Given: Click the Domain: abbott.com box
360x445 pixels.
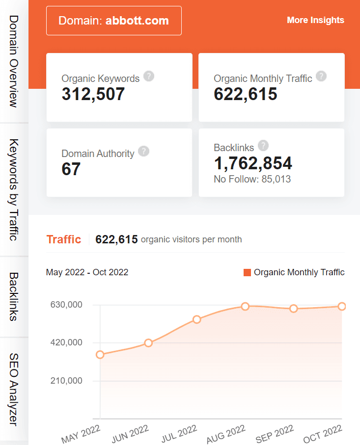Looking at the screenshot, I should pyautogui.click(x=113, y=21).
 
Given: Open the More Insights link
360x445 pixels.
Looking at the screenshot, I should pyautogui.click(x=315, y=20).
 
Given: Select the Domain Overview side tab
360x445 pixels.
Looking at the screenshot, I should pyautogui.click(x=14, y=61).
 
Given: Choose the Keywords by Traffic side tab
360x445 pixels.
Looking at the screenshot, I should pyautogui.click(x=14, y=189).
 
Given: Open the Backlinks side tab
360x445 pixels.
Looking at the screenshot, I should pyautogui.click(x=14, y=296).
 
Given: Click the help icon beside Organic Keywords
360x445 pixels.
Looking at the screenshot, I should pyautogui.click(x=149, y=77).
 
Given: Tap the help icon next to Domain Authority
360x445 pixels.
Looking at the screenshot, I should pyautogui.click(x=143, y=151).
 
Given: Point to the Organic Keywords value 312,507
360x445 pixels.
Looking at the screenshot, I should pyautogui.click(x=93, y=94).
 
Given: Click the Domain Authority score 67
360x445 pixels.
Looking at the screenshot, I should pyautogui.click(x=71, y=169).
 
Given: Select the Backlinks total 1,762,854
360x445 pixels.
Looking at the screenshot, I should pyautogui.click(x=253, y=163).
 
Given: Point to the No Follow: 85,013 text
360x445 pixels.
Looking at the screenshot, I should pyautogui.click(x=252, y=179).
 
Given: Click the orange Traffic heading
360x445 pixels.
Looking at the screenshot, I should pyautogui.click(x=63, y=239).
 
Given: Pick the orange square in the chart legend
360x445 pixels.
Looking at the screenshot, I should pyautogui.click(x=247, y=272).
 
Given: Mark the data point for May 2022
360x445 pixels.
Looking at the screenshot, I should pyautogui.click(x=100, y=355).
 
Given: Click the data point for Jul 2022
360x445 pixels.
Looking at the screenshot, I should pyautogui.click(x=197, y=319).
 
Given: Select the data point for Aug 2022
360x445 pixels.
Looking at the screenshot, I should pyautogui.click(x=245, y=306).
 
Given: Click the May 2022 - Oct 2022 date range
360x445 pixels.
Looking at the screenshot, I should pyautogui.click(x=87, y=272).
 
